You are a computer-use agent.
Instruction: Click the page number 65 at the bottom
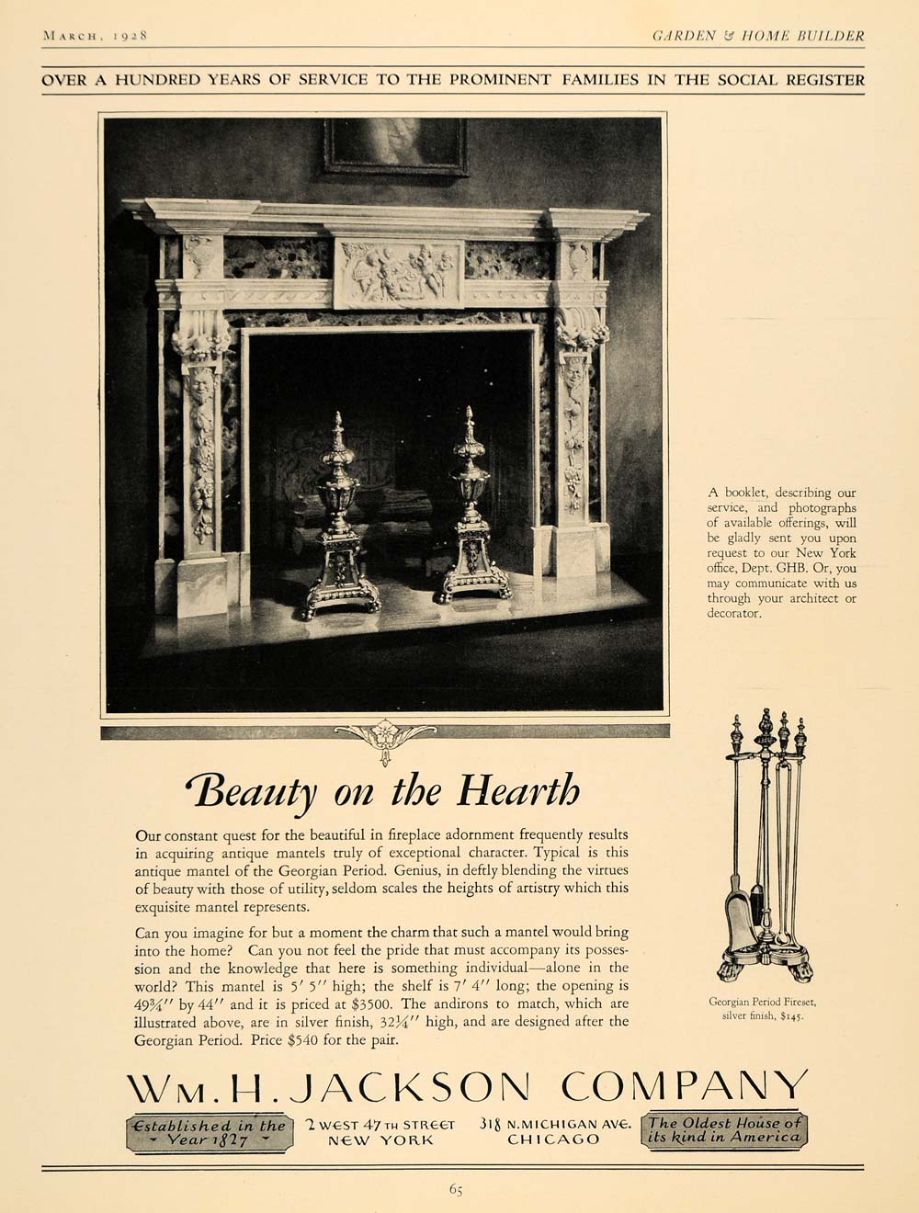click(457, 1189)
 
